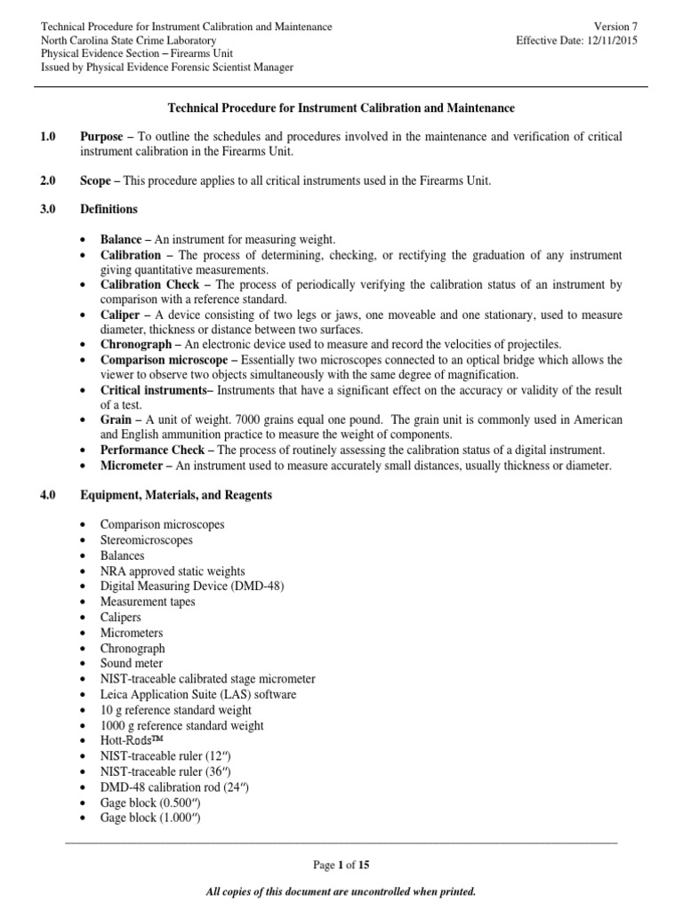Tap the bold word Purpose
point(102,136)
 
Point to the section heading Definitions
point(108,210)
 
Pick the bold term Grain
point(117,419)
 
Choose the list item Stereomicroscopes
point(147,540)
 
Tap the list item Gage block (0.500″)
point(150,802)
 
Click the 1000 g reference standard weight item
point(182,725)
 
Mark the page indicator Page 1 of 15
point(341,865)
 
